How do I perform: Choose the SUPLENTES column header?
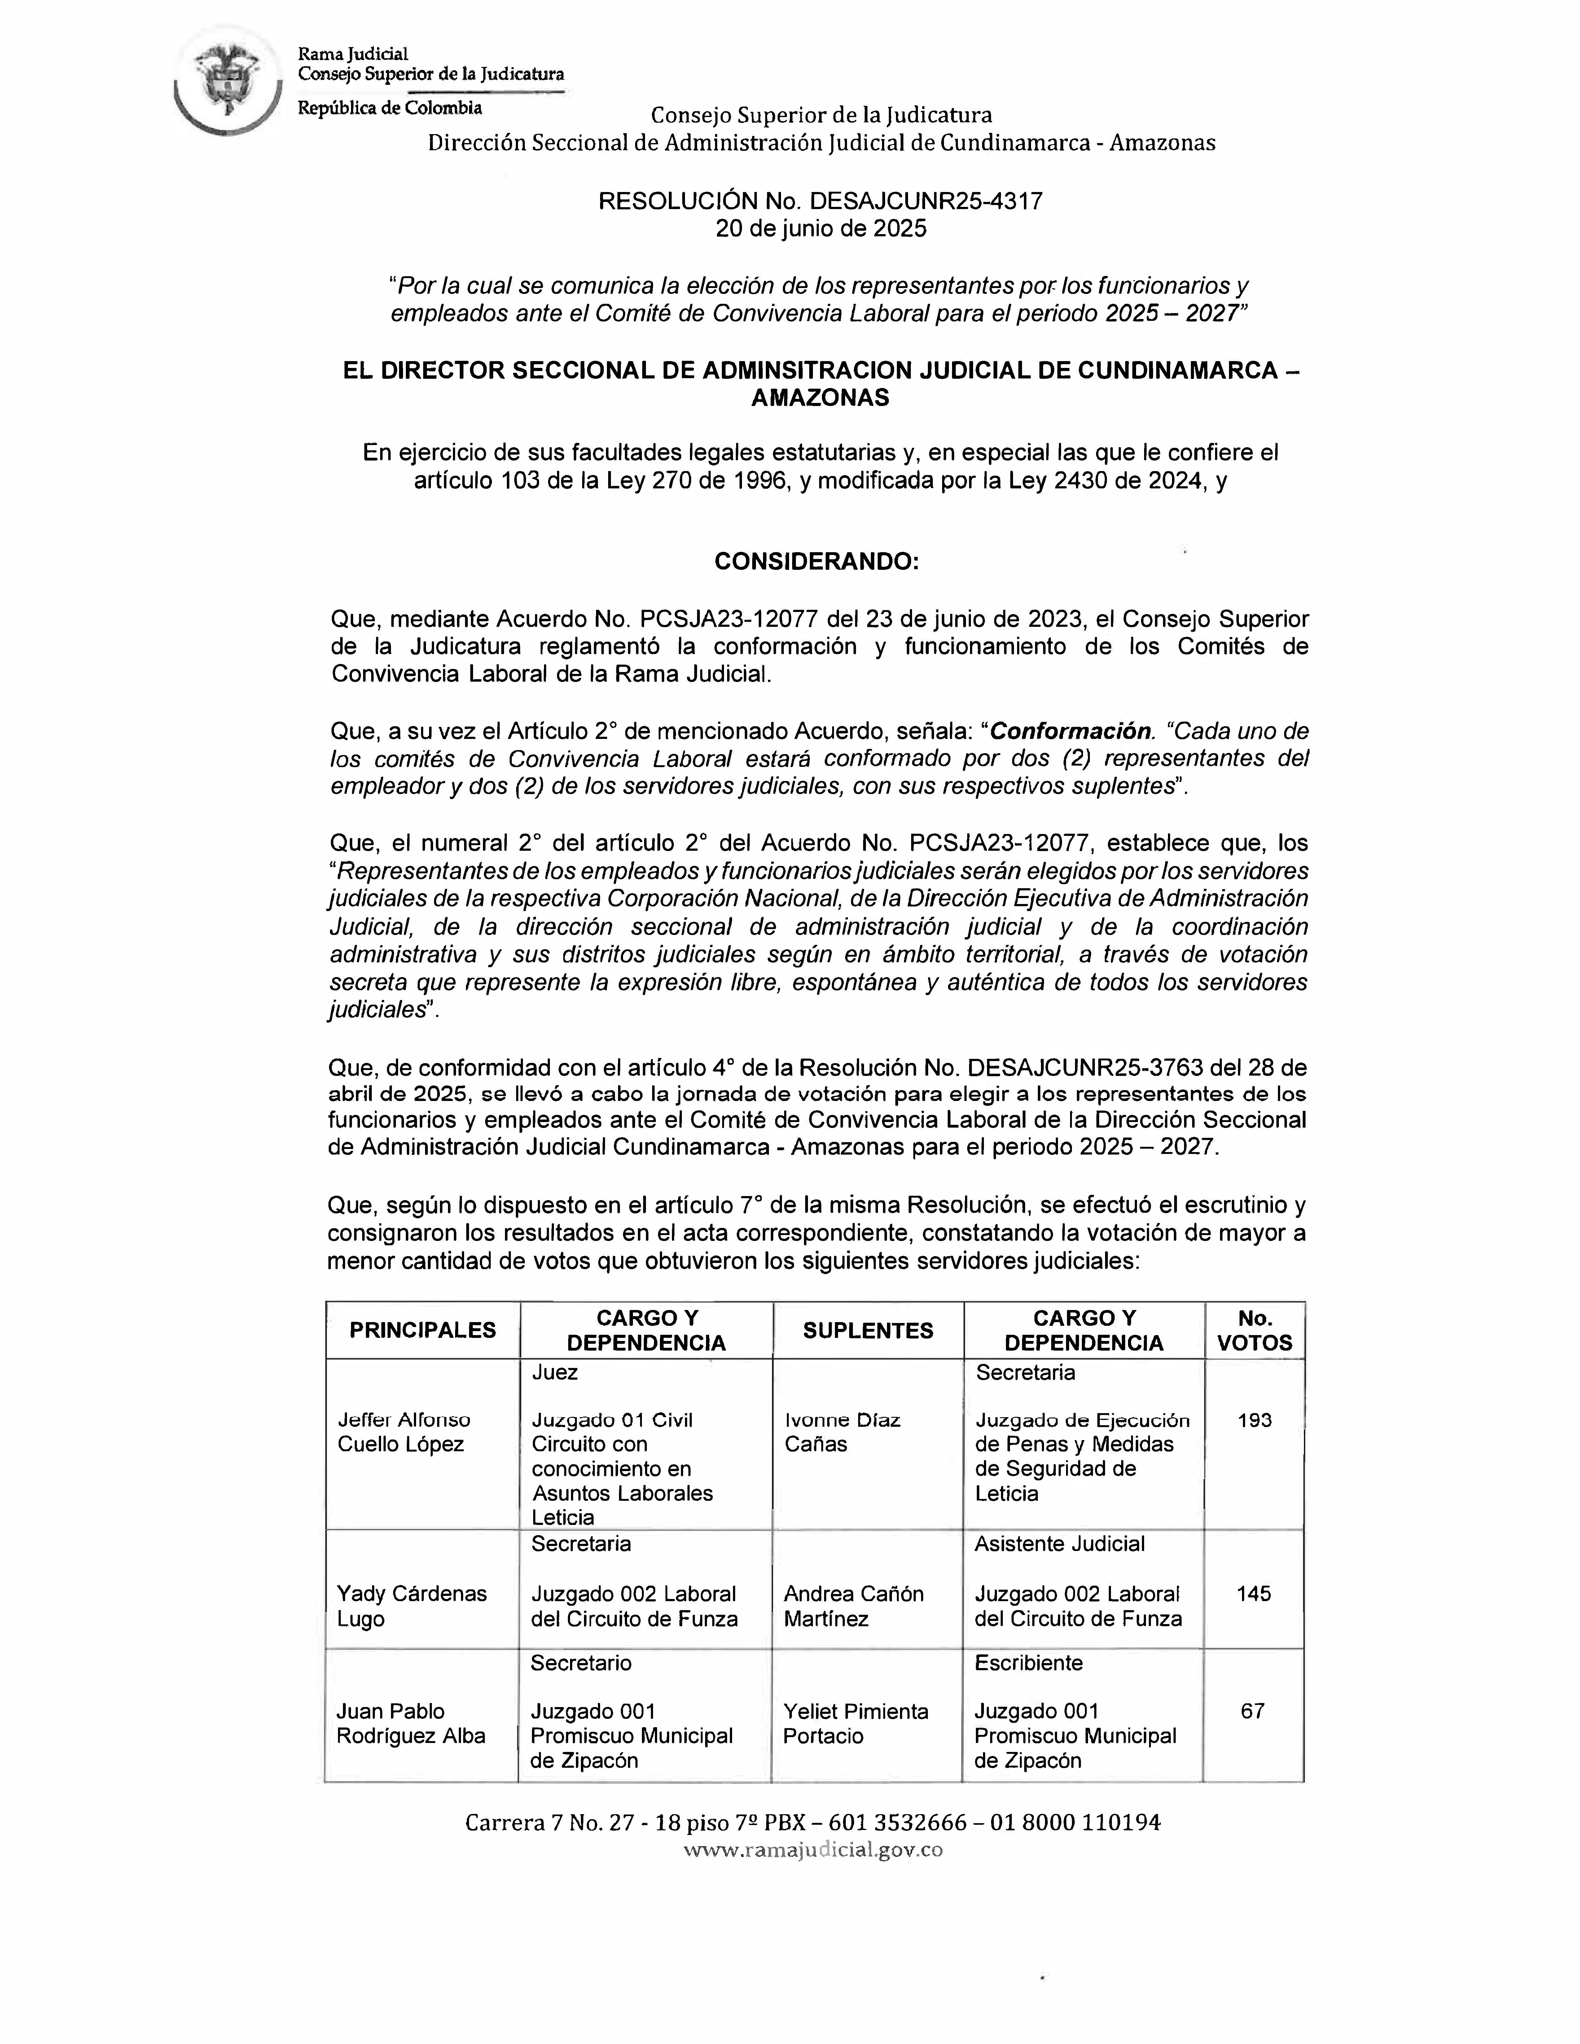(868, 1330)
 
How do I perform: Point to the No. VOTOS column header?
(1254, 1330)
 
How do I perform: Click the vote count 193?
(1254, 1420)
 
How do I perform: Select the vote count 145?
(1253, 1593)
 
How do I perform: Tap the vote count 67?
(1253, 1711)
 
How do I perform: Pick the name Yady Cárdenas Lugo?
(412, 1606)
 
